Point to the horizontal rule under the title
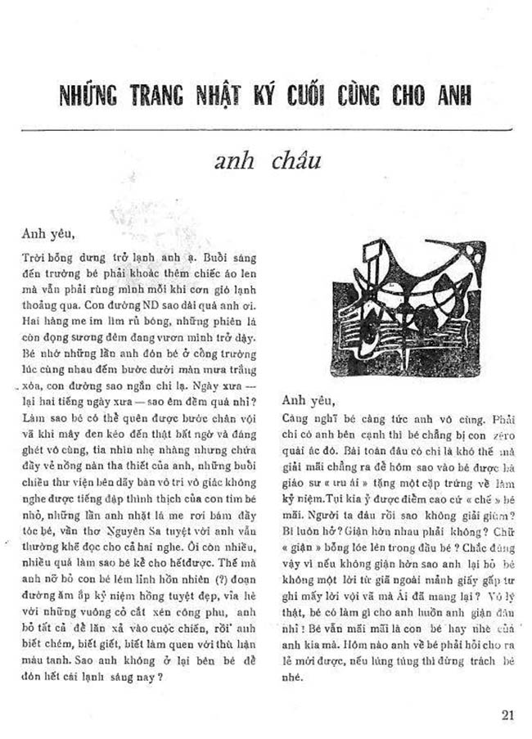pos(267,129)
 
